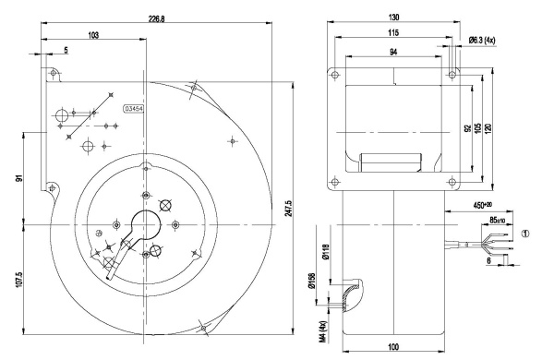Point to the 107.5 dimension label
point(18,278)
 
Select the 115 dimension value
point(392,34)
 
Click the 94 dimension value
point(392,53)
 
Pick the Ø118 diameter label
point(324,249)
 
